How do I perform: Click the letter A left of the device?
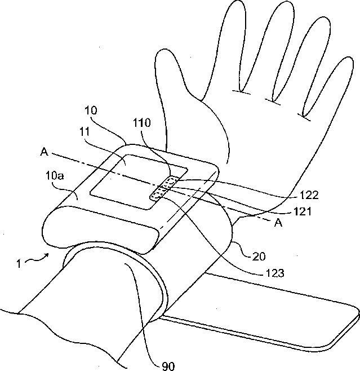click(43, 151)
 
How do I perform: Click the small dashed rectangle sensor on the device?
click(164, 188)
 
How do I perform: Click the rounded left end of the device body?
click(54, 226)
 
